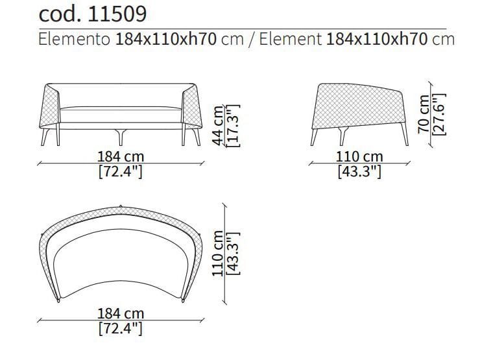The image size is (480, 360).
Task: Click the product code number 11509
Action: (x=117, y=14)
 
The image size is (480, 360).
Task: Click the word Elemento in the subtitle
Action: (x=74, y=39)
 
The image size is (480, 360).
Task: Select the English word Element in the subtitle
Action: (x=290, y=39)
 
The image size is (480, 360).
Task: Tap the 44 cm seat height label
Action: (x=218, y=125)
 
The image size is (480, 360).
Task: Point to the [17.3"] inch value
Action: (x=233, y=125)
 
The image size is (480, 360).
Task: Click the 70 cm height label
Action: (x=424, y=114)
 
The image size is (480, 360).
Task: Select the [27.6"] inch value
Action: (x=438, y=114)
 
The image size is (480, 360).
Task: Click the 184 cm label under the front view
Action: (x=121, y=156)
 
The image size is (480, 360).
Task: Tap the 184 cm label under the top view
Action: (x=121, y=313)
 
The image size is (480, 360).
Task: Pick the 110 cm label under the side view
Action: (x=359, y=156)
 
